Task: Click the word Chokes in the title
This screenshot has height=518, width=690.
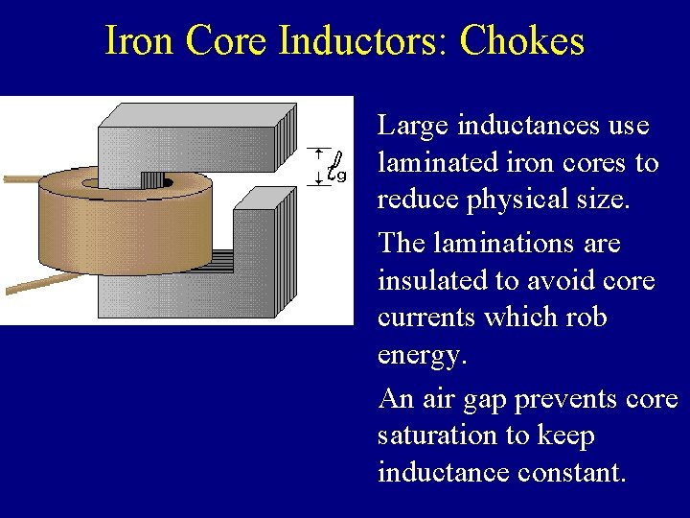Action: [521, 41]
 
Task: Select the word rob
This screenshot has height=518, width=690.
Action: [587, 317]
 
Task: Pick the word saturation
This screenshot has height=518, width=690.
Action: [429, 436]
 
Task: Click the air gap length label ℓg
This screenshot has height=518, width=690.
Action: [335, 168]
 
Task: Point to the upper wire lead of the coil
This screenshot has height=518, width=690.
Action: [19, 178]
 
